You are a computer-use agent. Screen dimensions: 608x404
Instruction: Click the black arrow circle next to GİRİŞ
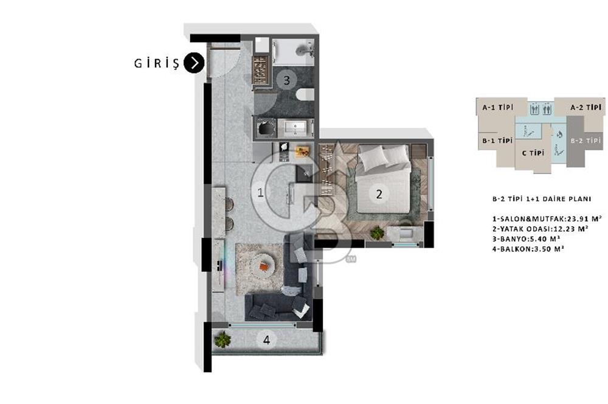point(194,63)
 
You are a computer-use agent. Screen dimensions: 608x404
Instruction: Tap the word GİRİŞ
point(157,63)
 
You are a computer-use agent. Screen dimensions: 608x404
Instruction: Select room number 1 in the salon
point(261,192)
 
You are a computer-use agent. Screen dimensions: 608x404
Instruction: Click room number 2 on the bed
point(379,193)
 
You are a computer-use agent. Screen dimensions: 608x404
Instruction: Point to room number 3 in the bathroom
point(286,80)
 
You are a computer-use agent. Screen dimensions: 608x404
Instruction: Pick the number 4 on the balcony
point(266,340)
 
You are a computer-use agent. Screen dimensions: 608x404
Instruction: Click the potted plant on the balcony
point(222,340)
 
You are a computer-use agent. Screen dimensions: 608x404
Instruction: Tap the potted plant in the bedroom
point(377,232)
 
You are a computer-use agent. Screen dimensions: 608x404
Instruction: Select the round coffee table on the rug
point(264,266)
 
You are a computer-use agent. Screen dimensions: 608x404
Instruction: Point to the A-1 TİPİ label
point(497,107)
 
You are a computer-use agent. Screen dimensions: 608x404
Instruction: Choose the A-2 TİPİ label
point(586,107)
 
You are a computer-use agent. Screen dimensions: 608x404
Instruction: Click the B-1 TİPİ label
point(497,141)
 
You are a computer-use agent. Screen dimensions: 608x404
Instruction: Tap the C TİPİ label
point(533,153)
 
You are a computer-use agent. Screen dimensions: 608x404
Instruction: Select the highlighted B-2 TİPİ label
point(586,141)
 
